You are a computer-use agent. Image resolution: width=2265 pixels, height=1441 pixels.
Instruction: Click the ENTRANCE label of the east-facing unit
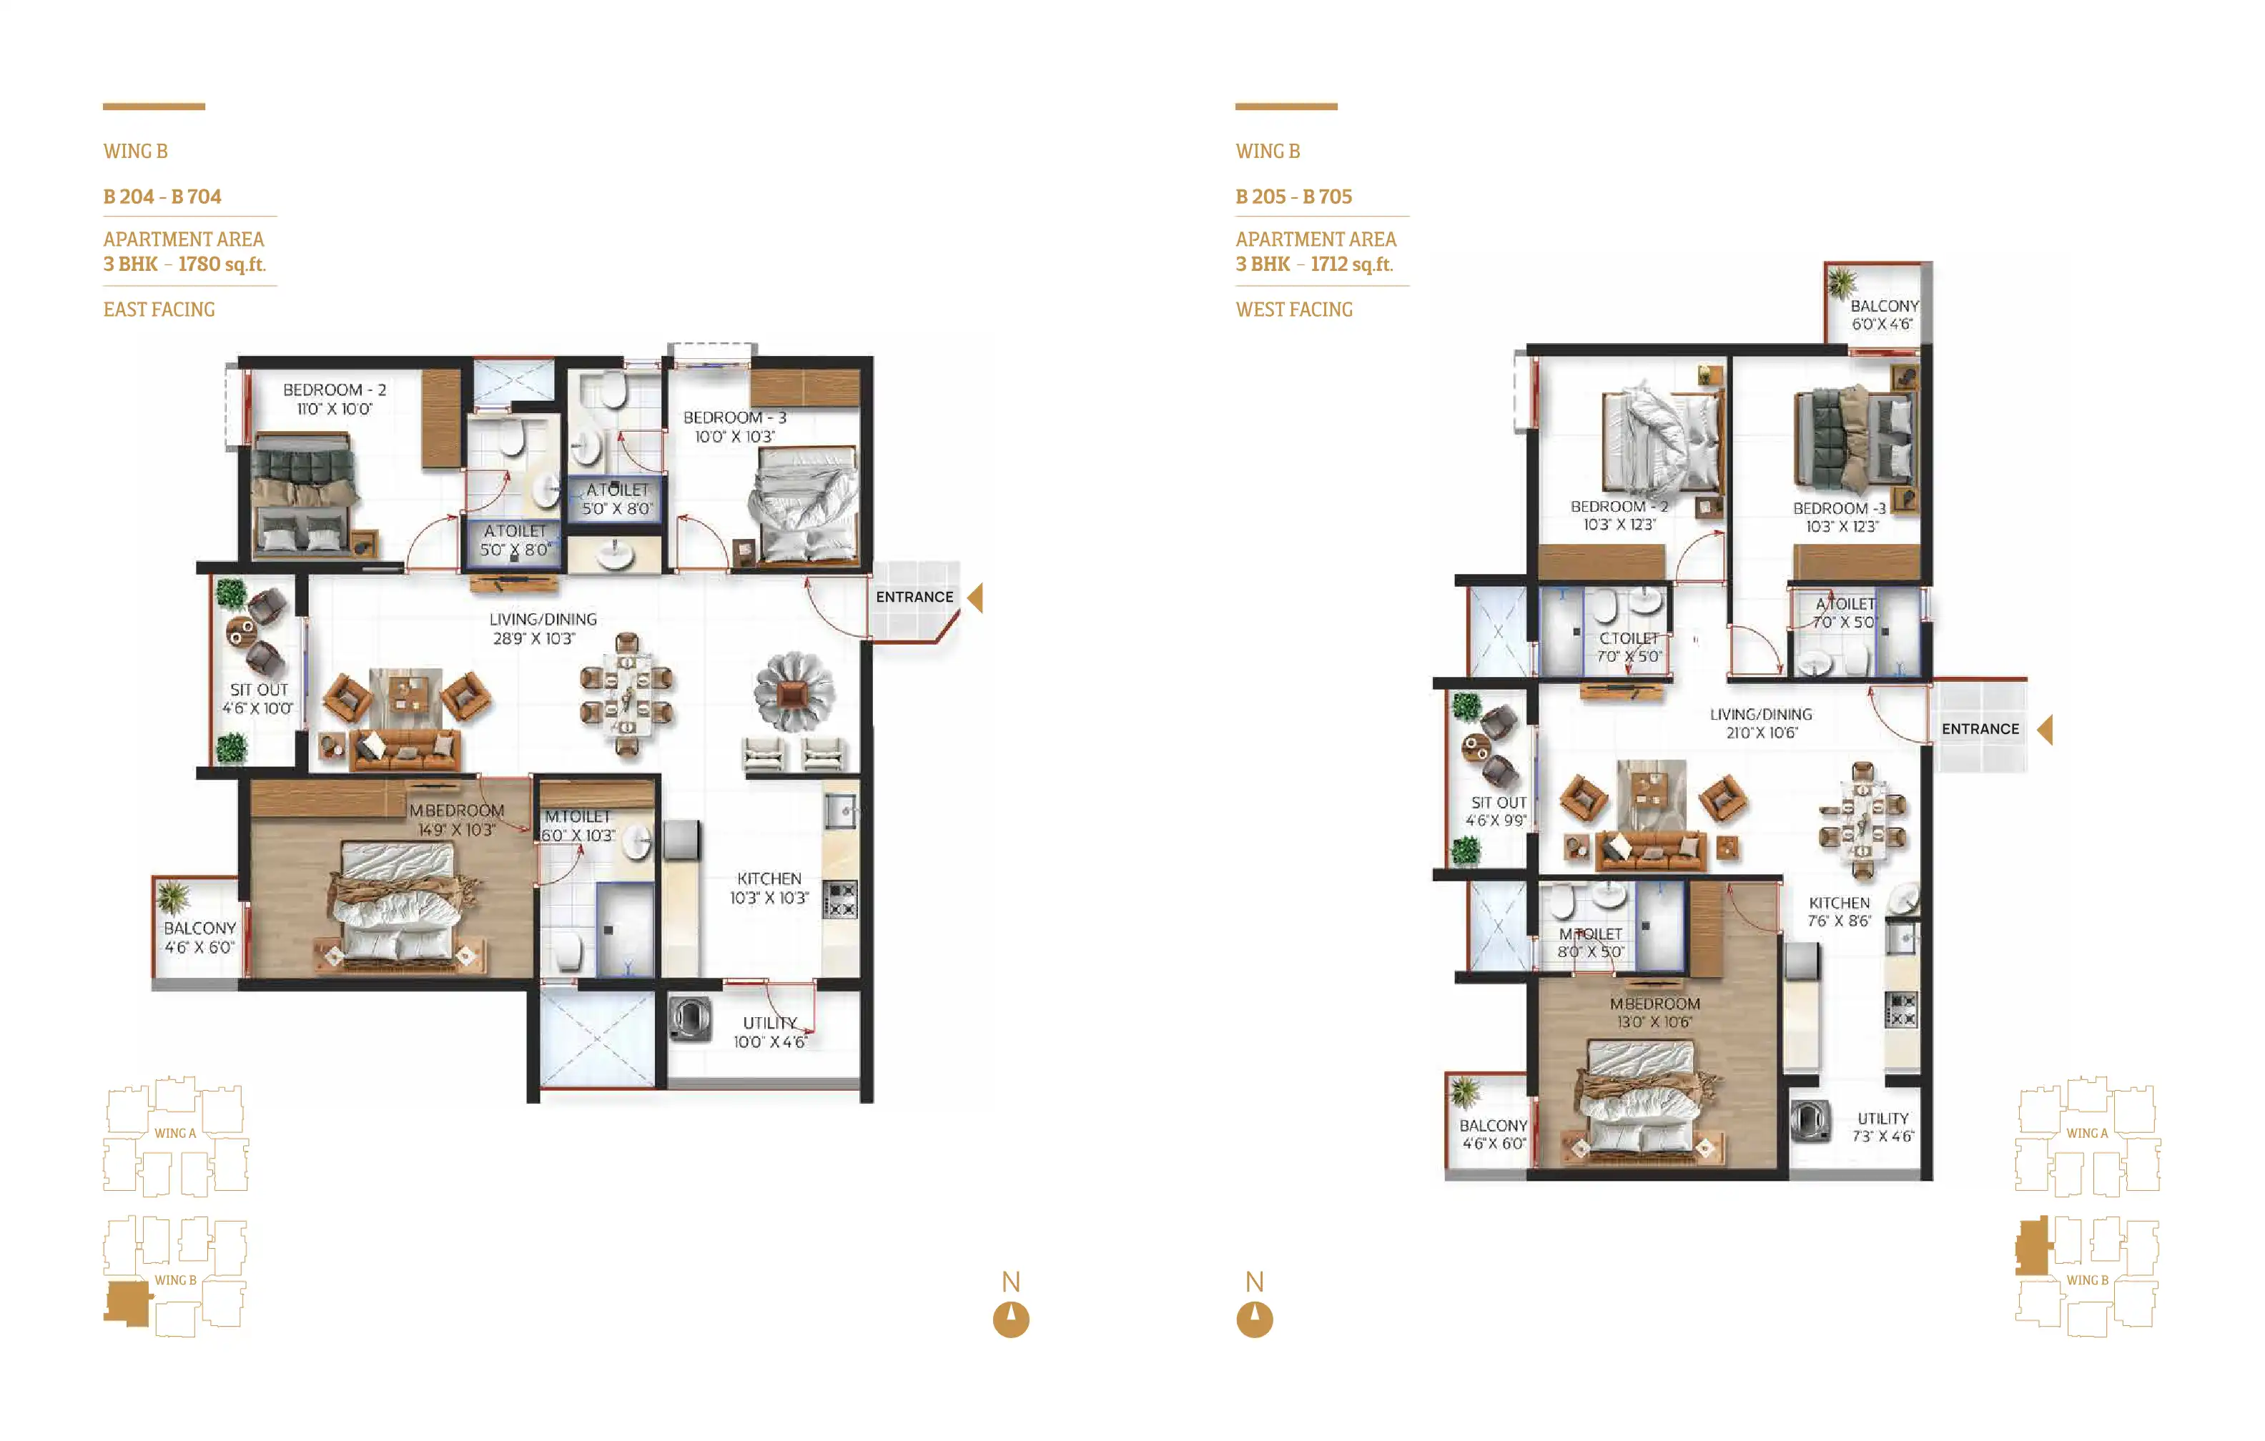tap(914, 598)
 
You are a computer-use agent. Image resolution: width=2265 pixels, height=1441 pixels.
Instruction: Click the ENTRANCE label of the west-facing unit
tap(1980, 729)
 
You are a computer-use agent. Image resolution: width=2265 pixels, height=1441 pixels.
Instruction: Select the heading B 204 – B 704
tap(162, 197)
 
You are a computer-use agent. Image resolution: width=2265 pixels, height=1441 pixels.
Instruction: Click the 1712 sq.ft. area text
tap(1352, 264)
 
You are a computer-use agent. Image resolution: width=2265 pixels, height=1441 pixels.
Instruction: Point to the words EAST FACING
tap(159, 310)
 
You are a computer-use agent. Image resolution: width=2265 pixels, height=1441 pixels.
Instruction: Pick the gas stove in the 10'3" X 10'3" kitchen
tap(840, 899)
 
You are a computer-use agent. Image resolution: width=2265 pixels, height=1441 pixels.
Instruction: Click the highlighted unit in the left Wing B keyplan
tap(128, 1304)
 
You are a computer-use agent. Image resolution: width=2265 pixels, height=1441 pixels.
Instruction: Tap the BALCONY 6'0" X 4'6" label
tap(1884, 315)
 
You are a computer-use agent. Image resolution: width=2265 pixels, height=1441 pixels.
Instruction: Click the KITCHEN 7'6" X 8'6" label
tap(1839, 911)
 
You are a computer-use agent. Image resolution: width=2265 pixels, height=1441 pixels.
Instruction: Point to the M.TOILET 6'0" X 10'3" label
tap(578, 826)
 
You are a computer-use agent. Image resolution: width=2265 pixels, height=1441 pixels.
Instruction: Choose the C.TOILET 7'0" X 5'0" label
tap(1629, 647)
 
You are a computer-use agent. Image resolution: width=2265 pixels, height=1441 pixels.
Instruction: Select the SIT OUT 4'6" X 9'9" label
tap(1497, 811)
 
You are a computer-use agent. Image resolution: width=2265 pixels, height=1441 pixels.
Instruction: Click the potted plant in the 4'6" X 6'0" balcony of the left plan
tap(172, 898)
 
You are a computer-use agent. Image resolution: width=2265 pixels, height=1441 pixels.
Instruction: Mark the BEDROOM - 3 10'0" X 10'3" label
tap(734, 427)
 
